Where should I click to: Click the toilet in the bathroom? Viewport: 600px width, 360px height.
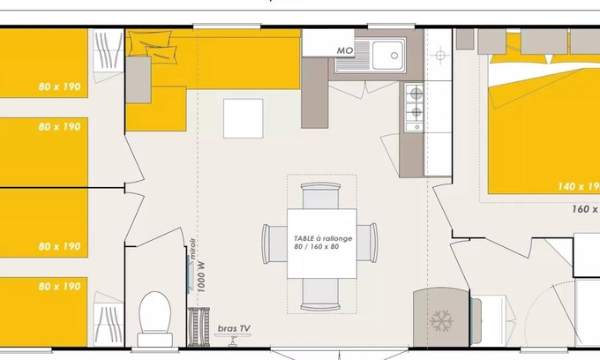154,315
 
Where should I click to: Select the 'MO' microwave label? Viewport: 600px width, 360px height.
345,51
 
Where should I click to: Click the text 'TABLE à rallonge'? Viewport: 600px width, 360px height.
321,238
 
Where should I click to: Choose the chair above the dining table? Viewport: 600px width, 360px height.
321,194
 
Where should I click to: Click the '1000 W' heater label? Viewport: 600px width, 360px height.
201,276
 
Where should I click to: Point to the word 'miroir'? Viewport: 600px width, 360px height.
192,251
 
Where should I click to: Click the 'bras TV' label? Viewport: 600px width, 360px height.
234,328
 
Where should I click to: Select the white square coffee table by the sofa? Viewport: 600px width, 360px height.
243,117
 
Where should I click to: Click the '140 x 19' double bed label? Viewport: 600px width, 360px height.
578,186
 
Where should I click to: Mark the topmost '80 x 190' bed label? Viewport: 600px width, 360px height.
59,86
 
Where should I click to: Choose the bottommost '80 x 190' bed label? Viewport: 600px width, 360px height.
59,287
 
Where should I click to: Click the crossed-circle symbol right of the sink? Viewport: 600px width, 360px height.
439,56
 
